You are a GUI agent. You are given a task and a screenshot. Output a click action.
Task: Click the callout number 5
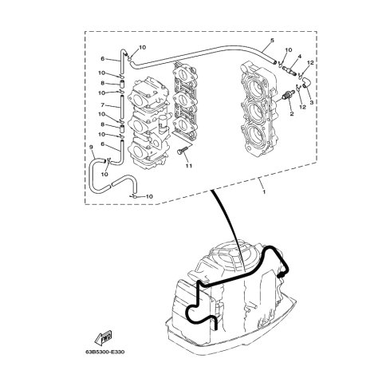[x=272, y=41]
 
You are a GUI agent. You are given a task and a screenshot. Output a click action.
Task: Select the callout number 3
[x=312, y=102]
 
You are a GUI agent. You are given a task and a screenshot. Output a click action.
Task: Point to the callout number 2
[x=292, y=114]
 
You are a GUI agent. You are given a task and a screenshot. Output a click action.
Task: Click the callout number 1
[x=264, y=191]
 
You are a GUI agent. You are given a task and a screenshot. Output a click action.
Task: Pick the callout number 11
[x=189, y=166]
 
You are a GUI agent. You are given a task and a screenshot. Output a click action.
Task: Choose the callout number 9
[x=91, y=147]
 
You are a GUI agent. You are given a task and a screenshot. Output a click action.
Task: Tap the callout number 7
[x=103, y=105]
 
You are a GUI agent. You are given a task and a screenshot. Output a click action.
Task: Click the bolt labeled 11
[x=182, y=151]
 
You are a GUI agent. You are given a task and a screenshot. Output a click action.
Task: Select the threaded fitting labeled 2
[x=287, y=95]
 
